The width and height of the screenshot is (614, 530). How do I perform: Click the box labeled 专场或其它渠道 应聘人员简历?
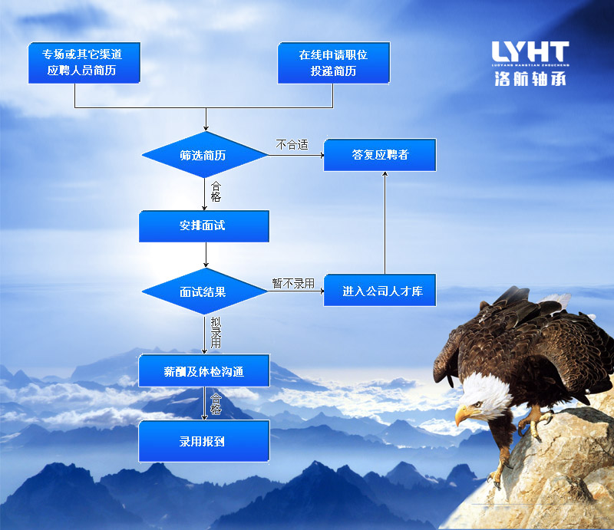click(82, 63)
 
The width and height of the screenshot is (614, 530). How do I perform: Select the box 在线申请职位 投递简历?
click(333, 63)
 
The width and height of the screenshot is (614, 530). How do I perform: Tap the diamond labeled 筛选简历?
click(203, 156)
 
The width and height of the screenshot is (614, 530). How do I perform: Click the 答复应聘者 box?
click(380, 155)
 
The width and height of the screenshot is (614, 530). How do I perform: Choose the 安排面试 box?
click(203, 226)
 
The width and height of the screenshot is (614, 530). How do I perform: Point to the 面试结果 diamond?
click(203, 292)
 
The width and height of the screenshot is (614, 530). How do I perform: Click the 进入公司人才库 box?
click(380, 291)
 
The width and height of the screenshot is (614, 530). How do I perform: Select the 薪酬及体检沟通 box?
click(203, 371)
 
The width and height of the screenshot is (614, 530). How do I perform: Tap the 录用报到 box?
click(203, 441)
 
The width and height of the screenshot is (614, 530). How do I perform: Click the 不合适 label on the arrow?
click(292, 144)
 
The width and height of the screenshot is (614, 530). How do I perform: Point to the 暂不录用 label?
click(293, 283)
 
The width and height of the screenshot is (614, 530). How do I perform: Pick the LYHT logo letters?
click(530, 53)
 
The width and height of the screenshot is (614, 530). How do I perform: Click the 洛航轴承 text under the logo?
click(530, 78)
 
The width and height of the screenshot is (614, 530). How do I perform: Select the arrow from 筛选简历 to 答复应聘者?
click(295, 156)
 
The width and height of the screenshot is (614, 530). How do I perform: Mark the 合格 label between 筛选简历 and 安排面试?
click(216, 191)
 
